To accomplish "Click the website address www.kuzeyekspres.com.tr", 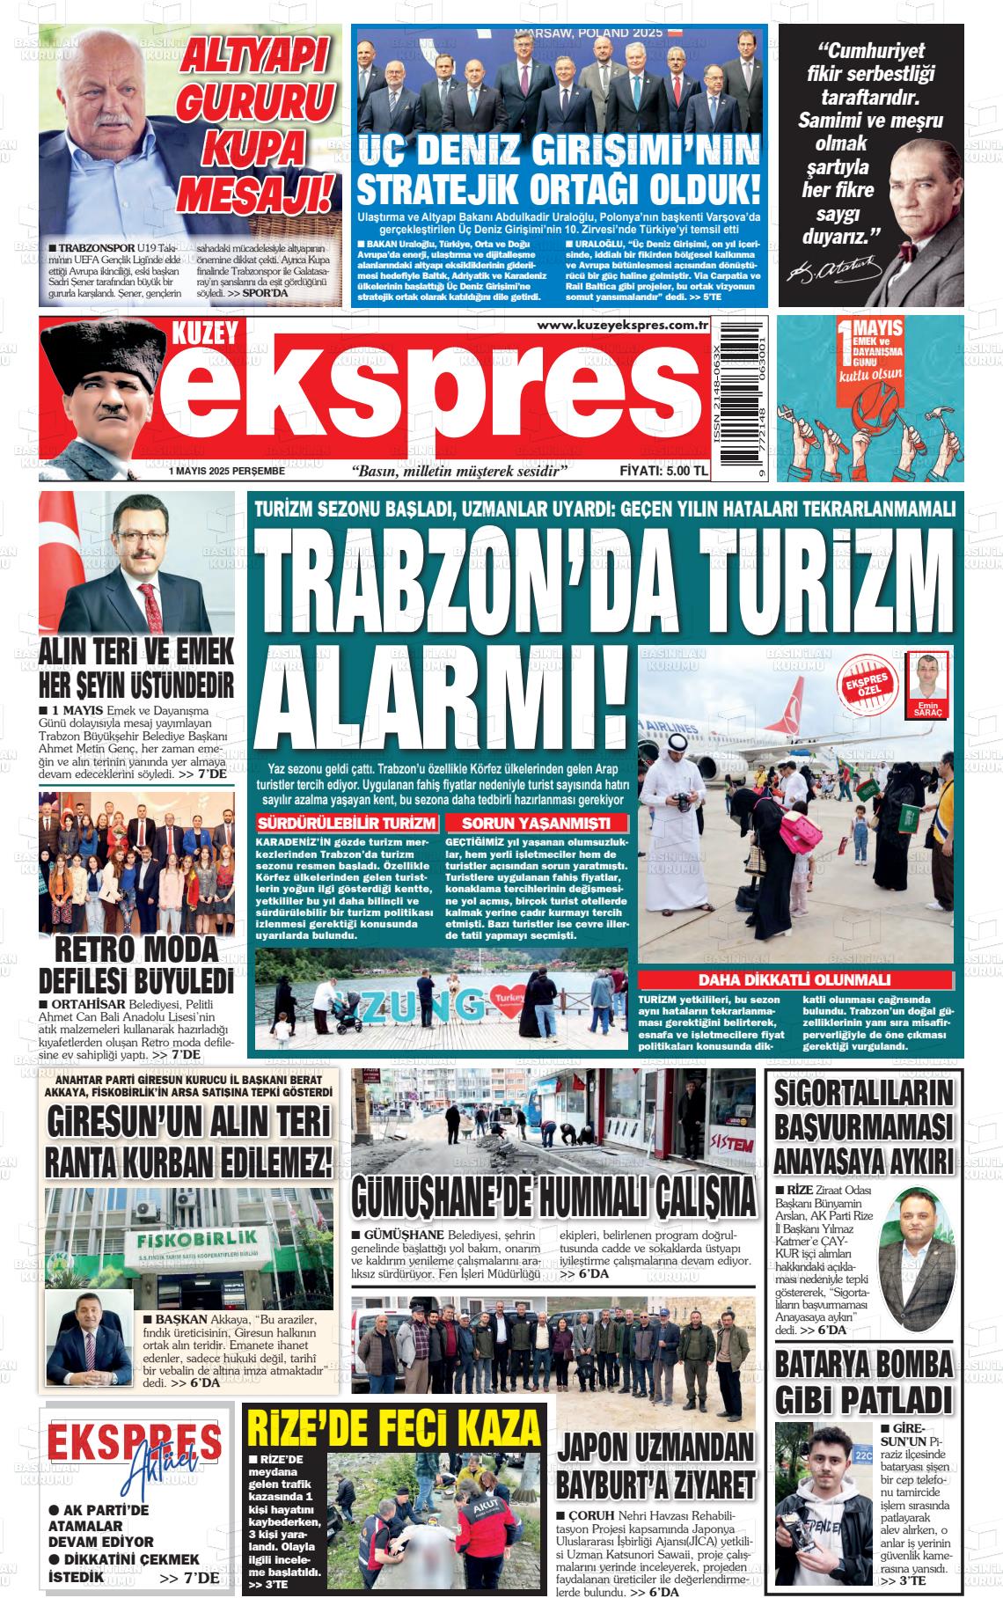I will [x=622, y=326].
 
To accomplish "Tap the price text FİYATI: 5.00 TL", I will [x=663, y=471].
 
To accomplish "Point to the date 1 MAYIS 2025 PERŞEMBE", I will [x=228, y=472].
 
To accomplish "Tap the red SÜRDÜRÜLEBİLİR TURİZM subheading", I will [x=346, y=824].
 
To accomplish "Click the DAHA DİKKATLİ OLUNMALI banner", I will [x=794, y=979].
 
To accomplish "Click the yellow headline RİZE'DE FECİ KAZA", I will [x=394, y=1426].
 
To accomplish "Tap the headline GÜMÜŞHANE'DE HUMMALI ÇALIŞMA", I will [x=553, y=1196].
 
